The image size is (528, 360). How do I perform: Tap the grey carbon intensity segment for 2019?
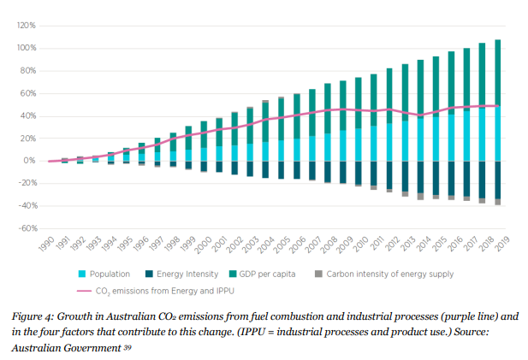(498, 202)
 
